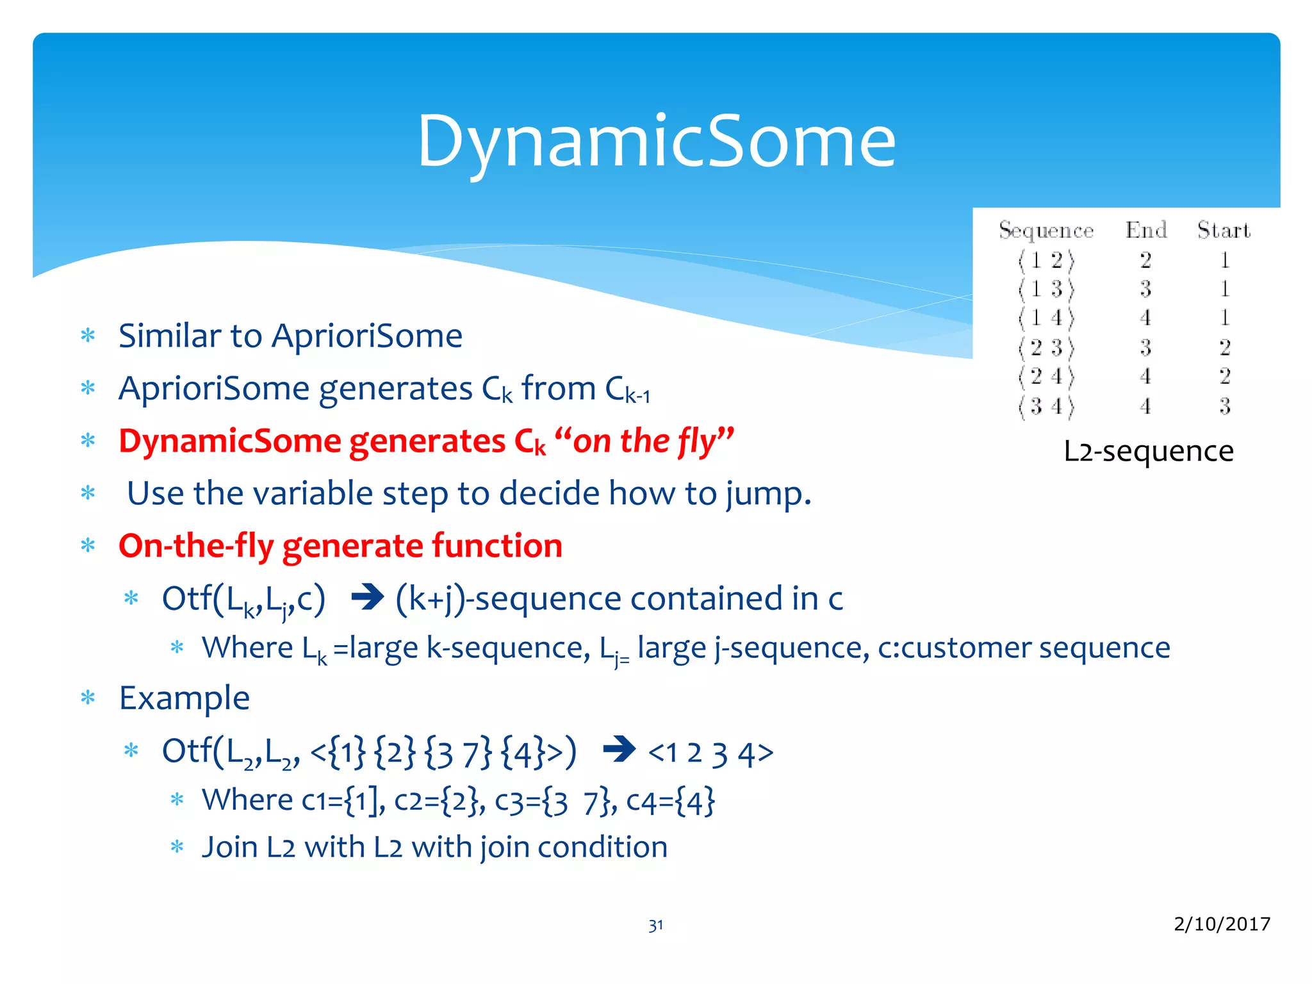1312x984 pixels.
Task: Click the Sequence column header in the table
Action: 1046,231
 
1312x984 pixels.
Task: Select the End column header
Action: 1145,230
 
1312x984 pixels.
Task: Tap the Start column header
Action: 1224,230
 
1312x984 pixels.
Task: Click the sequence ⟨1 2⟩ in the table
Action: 1046,261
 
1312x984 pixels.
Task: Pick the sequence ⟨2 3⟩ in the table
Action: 1046,348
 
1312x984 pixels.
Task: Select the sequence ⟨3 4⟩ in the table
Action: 1046,406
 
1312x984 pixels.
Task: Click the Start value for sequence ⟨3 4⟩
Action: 1224,406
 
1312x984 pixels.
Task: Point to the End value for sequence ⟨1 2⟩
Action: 1145,261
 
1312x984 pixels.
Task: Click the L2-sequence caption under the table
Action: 1148,452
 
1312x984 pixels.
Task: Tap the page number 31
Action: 655,925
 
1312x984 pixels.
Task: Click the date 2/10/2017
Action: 1222,924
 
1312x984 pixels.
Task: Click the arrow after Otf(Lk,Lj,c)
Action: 368,598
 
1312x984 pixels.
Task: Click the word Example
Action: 184,698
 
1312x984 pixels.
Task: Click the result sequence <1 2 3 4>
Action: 710,753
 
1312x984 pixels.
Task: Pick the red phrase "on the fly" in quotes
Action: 644,441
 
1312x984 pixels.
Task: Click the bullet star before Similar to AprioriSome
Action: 88,336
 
